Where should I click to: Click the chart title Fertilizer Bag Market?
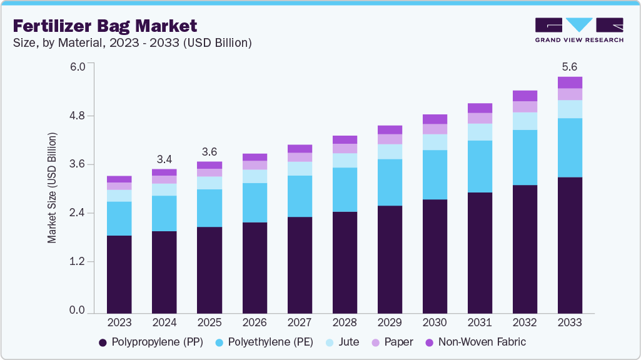click(x=105, y=26)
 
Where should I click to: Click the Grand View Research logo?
click(x=578, y=30)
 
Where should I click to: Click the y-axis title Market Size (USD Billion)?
click(x=52, y=188)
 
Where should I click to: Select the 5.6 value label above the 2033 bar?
click(x=570, y=67)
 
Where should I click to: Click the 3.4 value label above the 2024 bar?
click(x=164, y=159)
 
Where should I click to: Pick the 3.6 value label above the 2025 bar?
click(x=209, y=152)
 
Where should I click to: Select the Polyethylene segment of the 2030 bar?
click(x=435, y=174)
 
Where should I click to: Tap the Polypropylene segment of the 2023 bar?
click(x=119, y=274)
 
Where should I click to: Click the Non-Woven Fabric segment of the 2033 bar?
click(x=570, y=82)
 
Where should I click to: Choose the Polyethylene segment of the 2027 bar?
click(x=300, y=196)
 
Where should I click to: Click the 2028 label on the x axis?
click(x=345, y=322)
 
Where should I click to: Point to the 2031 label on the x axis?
click(x=480, y=322)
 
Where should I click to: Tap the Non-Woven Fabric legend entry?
click(x=475, y=342)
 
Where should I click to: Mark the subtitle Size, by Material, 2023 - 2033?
click(x=132, y=42)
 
